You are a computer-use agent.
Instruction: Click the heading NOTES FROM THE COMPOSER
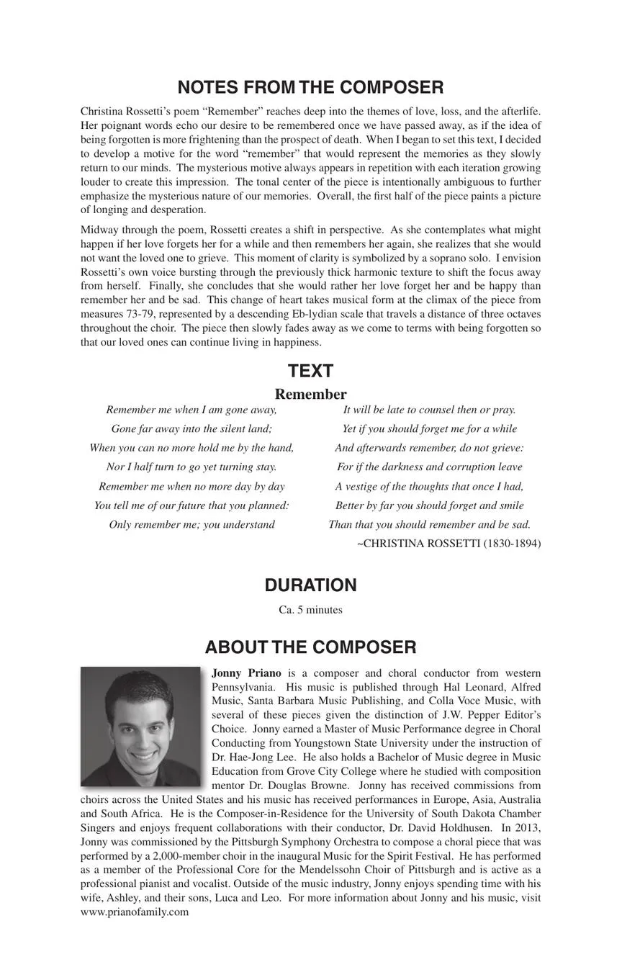[x=310, y=88]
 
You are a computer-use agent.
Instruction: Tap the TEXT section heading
[x=310, y=372]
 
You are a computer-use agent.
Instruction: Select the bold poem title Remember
[x=310, y=395]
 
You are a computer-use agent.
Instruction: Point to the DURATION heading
[x=310, y=585]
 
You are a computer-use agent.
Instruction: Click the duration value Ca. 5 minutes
[x=310, y=610]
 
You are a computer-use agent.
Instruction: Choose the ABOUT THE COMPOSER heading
[x=310, y=647]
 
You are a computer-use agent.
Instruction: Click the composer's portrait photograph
[x=141, y=727]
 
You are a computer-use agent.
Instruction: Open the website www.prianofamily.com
[x=135, y=912]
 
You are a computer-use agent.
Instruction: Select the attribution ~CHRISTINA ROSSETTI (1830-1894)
[x=449, y=544]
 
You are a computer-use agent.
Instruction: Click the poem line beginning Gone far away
[x=191, y=429]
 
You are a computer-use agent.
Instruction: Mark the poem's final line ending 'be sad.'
[x=429, y=524]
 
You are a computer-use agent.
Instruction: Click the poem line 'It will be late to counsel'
[x=429, y=410]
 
